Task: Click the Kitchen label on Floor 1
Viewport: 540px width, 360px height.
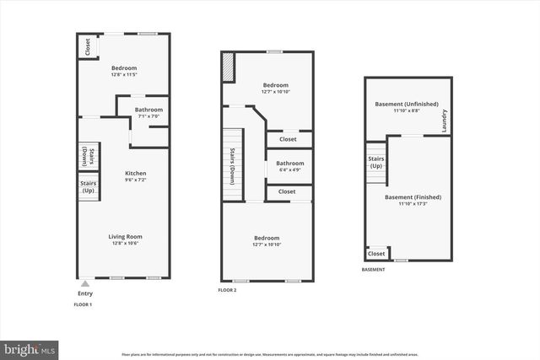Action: coord(124,173)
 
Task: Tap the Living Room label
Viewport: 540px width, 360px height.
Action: coord(124,237)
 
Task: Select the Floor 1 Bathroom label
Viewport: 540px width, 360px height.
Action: coord(148,110)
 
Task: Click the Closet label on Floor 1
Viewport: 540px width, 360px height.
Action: coord(87,46)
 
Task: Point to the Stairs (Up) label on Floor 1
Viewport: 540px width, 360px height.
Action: coord(88,186)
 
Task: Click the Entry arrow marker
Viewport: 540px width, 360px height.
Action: coord(84,284)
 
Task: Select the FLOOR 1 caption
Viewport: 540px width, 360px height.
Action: coord(83,304)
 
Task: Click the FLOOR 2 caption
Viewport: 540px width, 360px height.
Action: coord(227,289)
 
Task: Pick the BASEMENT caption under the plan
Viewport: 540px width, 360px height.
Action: coord(373,270)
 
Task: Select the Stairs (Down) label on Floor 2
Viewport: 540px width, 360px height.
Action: coord(233,165)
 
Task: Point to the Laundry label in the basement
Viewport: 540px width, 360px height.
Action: coord(444,122)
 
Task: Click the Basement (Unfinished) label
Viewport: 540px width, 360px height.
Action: coord(407,105)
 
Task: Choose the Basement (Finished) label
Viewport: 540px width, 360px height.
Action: coord(413,197)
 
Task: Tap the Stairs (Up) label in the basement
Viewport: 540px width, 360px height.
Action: coord(375,162)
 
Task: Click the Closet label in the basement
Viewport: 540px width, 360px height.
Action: coord(376,254)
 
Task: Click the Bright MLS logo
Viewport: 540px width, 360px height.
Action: coord(30,347)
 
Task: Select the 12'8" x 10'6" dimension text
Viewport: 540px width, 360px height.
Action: coord(124,244)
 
